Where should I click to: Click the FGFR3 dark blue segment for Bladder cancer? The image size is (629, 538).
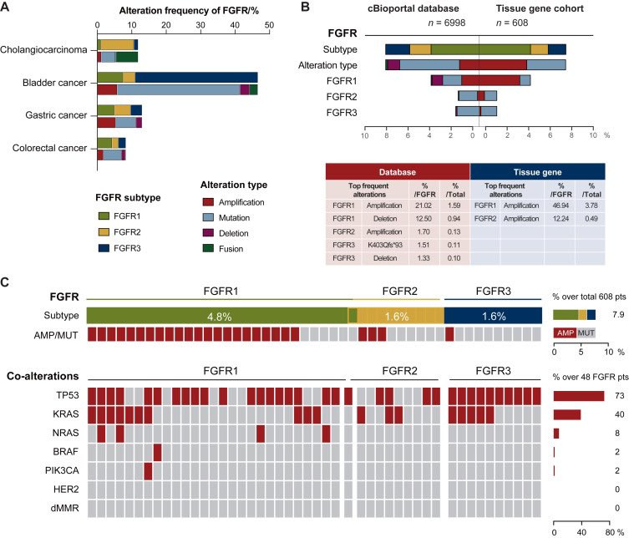[x=196, y=78]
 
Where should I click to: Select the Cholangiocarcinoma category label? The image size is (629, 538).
[x=43, y=50]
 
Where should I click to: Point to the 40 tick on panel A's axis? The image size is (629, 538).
[x=235, y=25]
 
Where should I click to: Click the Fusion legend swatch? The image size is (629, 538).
[x=208, y=248]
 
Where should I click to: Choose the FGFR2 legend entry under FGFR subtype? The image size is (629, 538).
[x=119, y=232]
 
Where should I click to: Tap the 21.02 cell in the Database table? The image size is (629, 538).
[x=424, y=206]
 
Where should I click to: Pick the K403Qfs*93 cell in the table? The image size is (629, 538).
[x=385, y=245]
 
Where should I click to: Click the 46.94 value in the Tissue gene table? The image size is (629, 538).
[x=561, y=206]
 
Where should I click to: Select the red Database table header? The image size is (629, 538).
[x=398, y=172]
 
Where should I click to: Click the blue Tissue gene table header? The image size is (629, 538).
[x=538, y=172]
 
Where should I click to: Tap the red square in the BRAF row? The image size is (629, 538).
[x=157, y=452]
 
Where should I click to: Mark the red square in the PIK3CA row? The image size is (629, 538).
[x=148, y=471]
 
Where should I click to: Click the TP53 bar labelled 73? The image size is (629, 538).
[x=579, y=396]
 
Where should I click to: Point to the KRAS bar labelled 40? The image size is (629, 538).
[x=567, y=415]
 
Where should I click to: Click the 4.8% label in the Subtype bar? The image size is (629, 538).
[x=219, y=317]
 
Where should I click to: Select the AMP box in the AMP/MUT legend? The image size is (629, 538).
[x=565, y=332]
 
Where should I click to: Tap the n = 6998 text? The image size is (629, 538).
[x=447, y=23]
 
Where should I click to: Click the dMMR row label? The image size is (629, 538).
[x=65, y=508]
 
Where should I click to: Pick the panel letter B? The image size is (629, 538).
[x=305, y=7]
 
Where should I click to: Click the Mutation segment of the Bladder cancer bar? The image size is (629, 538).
[x=179, y=90]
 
